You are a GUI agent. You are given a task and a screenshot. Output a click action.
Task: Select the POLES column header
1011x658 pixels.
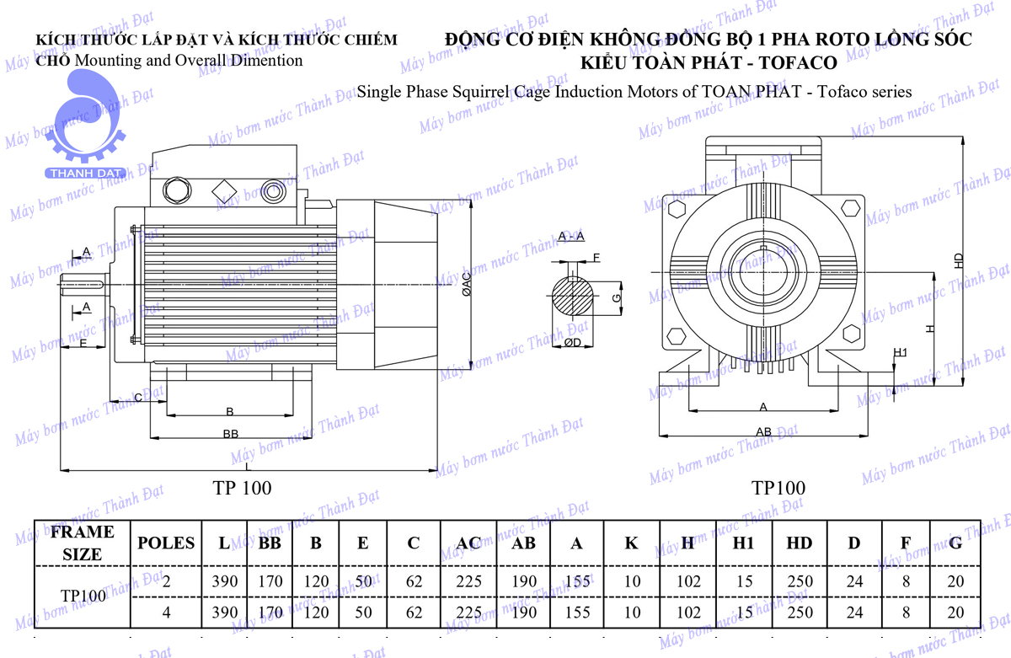point(166,543)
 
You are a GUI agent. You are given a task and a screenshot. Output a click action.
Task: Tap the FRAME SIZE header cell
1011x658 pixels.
point(82,543)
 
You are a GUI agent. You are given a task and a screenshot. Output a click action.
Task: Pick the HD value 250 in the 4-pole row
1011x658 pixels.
point(799,613)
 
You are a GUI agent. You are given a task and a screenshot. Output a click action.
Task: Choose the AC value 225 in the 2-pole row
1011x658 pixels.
point(468,581)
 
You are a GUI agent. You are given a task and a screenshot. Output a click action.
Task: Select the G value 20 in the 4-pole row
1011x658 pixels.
point(955,613)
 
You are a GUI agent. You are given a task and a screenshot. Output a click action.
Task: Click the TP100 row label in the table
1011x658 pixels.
point(83,596)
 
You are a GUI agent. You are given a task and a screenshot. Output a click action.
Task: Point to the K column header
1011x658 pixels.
point(631,543)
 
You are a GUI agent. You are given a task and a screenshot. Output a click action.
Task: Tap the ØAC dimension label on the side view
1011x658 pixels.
point(466,286)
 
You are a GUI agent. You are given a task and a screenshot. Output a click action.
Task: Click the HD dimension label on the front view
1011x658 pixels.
point(958,261)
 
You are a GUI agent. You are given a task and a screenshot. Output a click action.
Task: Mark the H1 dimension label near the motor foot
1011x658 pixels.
point(900,352)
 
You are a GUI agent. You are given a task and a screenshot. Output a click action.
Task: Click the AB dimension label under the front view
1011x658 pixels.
point(763,431)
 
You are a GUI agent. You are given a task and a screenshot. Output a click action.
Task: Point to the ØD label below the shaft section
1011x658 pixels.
point(572,343)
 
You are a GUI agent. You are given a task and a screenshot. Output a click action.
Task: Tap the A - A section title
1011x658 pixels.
point(571,237)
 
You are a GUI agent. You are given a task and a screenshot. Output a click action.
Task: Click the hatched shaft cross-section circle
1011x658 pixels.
point(573,297)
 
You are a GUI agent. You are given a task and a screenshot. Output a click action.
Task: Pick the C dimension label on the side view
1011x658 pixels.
point(137,397)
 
